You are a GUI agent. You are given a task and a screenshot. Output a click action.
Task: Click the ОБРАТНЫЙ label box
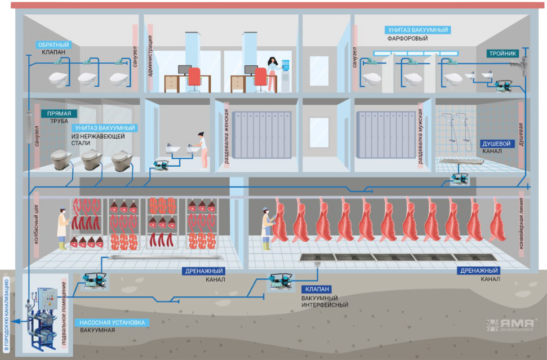53,44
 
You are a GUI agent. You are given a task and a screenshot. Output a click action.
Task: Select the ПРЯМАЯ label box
59,113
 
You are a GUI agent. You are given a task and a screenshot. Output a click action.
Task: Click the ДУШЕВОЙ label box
496,144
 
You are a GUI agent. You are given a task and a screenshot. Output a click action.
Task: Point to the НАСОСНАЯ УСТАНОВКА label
112,322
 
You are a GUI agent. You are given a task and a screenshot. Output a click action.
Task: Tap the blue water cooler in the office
286,76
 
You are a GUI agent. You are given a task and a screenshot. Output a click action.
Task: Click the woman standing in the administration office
273,73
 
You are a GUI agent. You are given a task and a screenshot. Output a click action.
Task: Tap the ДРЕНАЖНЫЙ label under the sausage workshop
205,270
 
